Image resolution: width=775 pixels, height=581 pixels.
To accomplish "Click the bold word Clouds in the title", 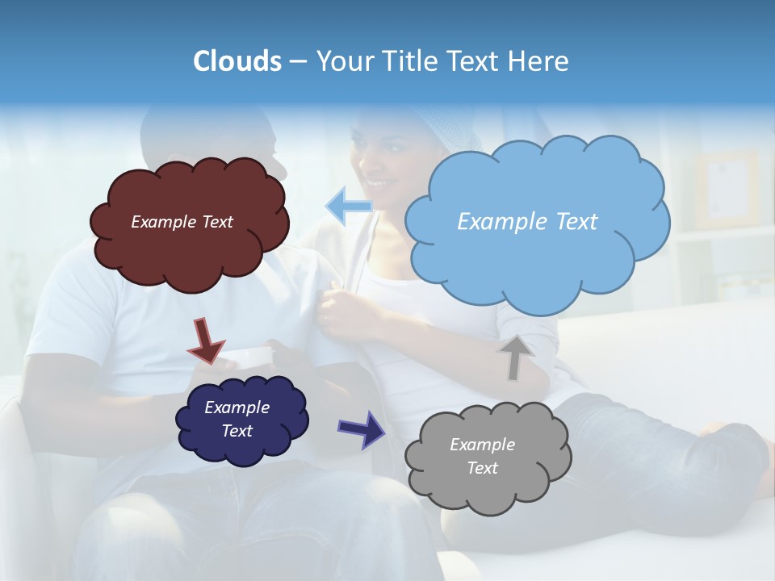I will (237, 61).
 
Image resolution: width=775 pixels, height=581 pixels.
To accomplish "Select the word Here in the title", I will (539, 61).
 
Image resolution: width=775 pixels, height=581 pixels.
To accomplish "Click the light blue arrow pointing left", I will (348, 206).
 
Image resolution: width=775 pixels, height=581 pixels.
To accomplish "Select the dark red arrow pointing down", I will (205, 340).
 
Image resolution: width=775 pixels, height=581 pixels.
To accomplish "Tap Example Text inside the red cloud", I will (182, 222).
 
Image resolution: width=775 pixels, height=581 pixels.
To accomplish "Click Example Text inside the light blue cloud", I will (527, 222).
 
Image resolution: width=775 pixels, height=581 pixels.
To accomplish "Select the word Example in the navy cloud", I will (237, 408).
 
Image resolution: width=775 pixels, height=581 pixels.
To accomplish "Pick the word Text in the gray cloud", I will (483, 468).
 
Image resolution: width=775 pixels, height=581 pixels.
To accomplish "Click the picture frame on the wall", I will (727, 190).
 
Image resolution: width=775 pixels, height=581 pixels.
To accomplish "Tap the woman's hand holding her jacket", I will (339, 311).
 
